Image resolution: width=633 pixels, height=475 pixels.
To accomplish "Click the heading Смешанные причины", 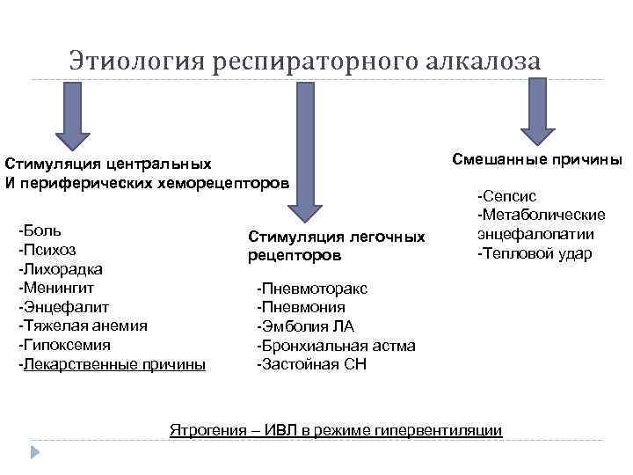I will (536, 159).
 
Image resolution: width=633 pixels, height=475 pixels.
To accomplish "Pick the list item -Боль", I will (40, 230).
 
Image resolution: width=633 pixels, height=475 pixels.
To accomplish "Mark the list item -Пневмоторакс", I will (311, 289).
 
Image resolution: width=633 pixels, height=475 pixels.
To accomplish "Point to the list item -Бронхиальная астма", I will (335, 346).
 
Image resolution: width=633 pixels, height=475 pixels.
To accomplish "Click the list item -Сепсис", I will (506, 196).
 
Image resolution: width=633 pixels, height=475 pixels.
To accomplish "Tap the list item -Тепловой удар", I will (535, 254).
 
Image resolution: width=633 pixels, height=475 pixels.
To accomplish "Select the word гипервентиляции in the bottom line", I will (441, 430).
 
